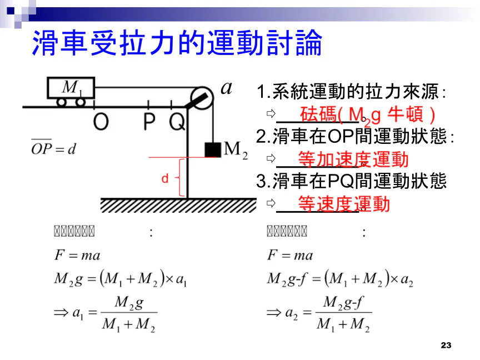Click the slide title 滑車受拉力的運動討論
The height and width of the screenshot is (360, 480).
(x=177, y=43)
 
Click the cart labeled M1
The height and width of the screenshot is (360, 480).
(x=71, y=89)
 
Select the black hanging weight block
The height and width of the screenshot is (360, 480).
(x=212, y=149)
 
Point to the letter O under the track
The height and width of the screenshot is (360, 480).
(x=100, y=121)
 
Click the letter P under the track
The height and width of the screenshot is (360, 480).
(x=149, y=121)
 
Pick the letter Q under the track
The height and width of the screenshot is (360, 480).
(x=177, y=121)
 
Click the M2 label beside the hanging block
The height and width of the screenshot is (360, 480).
(x=235, y=150)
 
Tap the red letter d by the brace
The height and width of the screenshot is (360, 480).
(x=164, y=179)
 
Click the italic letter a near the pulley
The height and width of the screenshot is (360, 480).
(x=226, y=88)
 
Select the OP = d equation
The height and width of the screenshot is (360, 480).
(x=53, y=148)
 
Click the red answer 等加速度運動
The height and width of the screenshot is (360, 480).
(x=353, y=159)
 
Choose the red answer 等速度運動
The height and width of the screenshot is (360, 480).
(x=344, y=204)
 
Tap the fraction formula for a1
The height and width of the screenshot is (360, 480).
(x=105, y=314)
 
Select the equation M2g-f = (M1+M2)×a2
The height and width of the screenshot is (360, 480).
(x=340, y=279)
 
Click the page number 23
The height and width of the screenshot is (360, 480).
(x=446, y=346)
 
